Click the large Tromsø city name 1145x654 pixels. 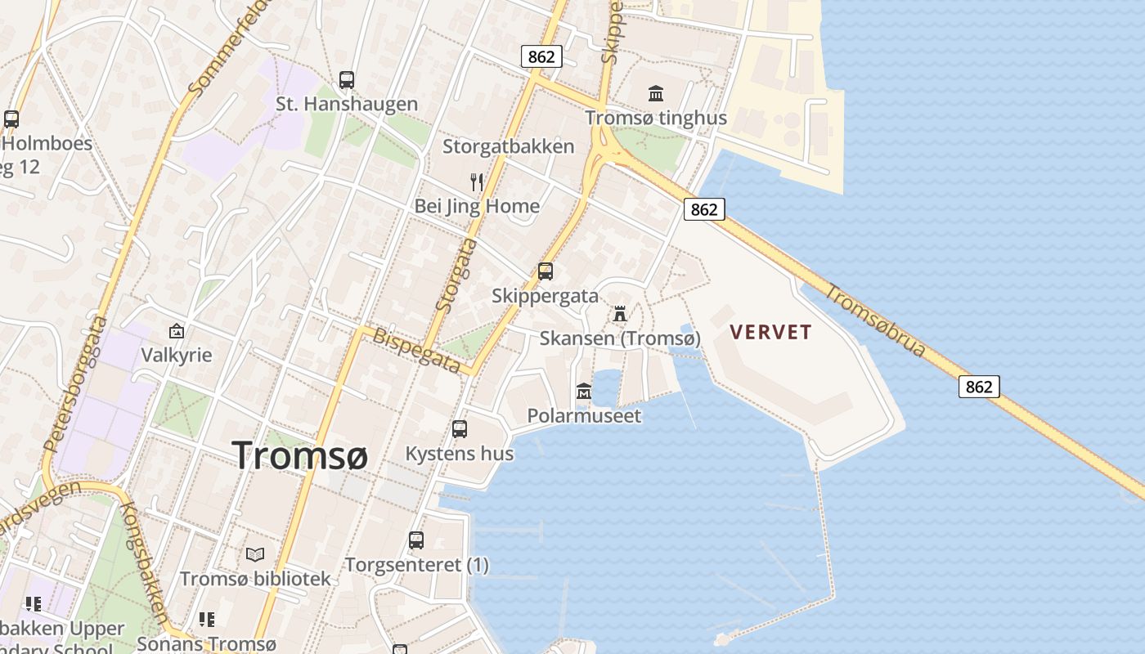(x=299, y=455)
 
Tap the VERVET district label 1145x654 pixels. (x=770, y=332)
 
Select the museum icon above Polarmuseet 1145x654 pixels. (x=584, y=392)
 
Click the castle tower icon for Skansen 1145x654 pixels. (x=620, y=313)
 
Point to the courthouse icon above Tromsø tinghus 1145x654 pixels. (x=656, y=94)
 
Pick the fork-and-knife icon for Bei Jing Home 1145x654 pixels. (x=477, y=181)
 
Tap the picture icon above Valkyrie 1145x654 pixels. (x=176, y=331)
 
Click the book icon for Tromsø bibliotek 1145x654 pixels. (x=255, y=554)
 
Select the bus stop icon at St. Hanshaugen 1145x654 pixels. (x=347, y=80)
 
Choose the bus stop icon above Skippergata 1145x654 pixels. (x=546, y=271)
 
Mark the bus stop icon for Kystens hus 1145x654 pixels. (x=460, y=428)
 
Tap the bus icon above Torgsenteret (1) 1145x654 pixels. (x=416, y=540)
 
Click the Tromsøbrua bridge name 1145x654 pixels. (x=875, y=320)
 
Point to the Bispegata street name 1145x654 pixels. (x=416, y=350)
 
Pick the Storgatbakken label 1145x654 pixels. (x=508, y=146)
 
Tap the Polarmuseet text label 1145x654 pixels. (x=584, y=415)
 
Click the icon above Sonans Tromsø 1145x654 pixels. (x=206, y=620)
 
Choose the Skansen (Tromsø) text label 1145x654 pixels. (x=620, y=338)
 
